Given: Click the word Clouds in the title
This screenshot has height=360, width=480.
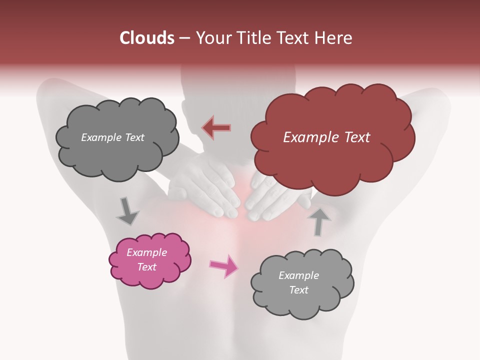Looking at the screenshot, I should [x=147, y=38].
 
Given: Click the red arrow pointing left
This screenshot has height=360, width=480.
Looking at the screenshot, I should [x=216, y=127].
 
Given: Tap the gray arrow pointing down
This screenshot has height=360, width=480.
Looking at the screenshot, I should [x=127, y=211].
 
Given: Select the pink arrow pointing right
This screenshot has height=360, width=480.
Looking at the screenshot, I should [x=223, y=265].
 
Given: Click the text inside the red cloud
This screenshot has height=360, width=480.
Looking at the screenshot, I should [x=326, y=137].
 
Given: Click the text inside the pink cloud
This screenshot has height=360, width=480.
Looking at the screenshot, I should [x=147, y=259].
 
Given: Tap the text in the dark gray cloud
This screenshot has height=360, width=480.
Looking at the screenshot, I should [x=112, y=137].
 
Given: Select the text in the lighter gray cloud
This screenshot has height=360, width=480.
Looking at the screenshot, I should [x=298, y=282].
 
